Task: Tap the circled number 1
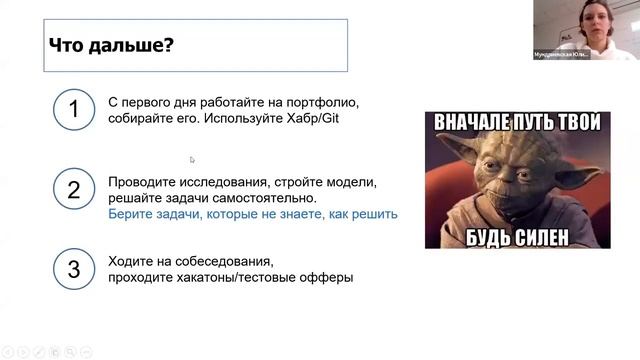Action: (x=73, y=110)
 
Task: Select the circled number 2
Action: (x=73, y=190)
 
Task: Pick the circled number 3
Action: (x=73, y=269)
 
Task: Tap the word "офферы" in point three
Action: (x=329, y=277)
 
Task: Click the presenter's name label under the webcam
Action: (x=561, y=55)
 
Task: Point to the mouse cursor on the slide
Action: (x=192, y=159)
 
